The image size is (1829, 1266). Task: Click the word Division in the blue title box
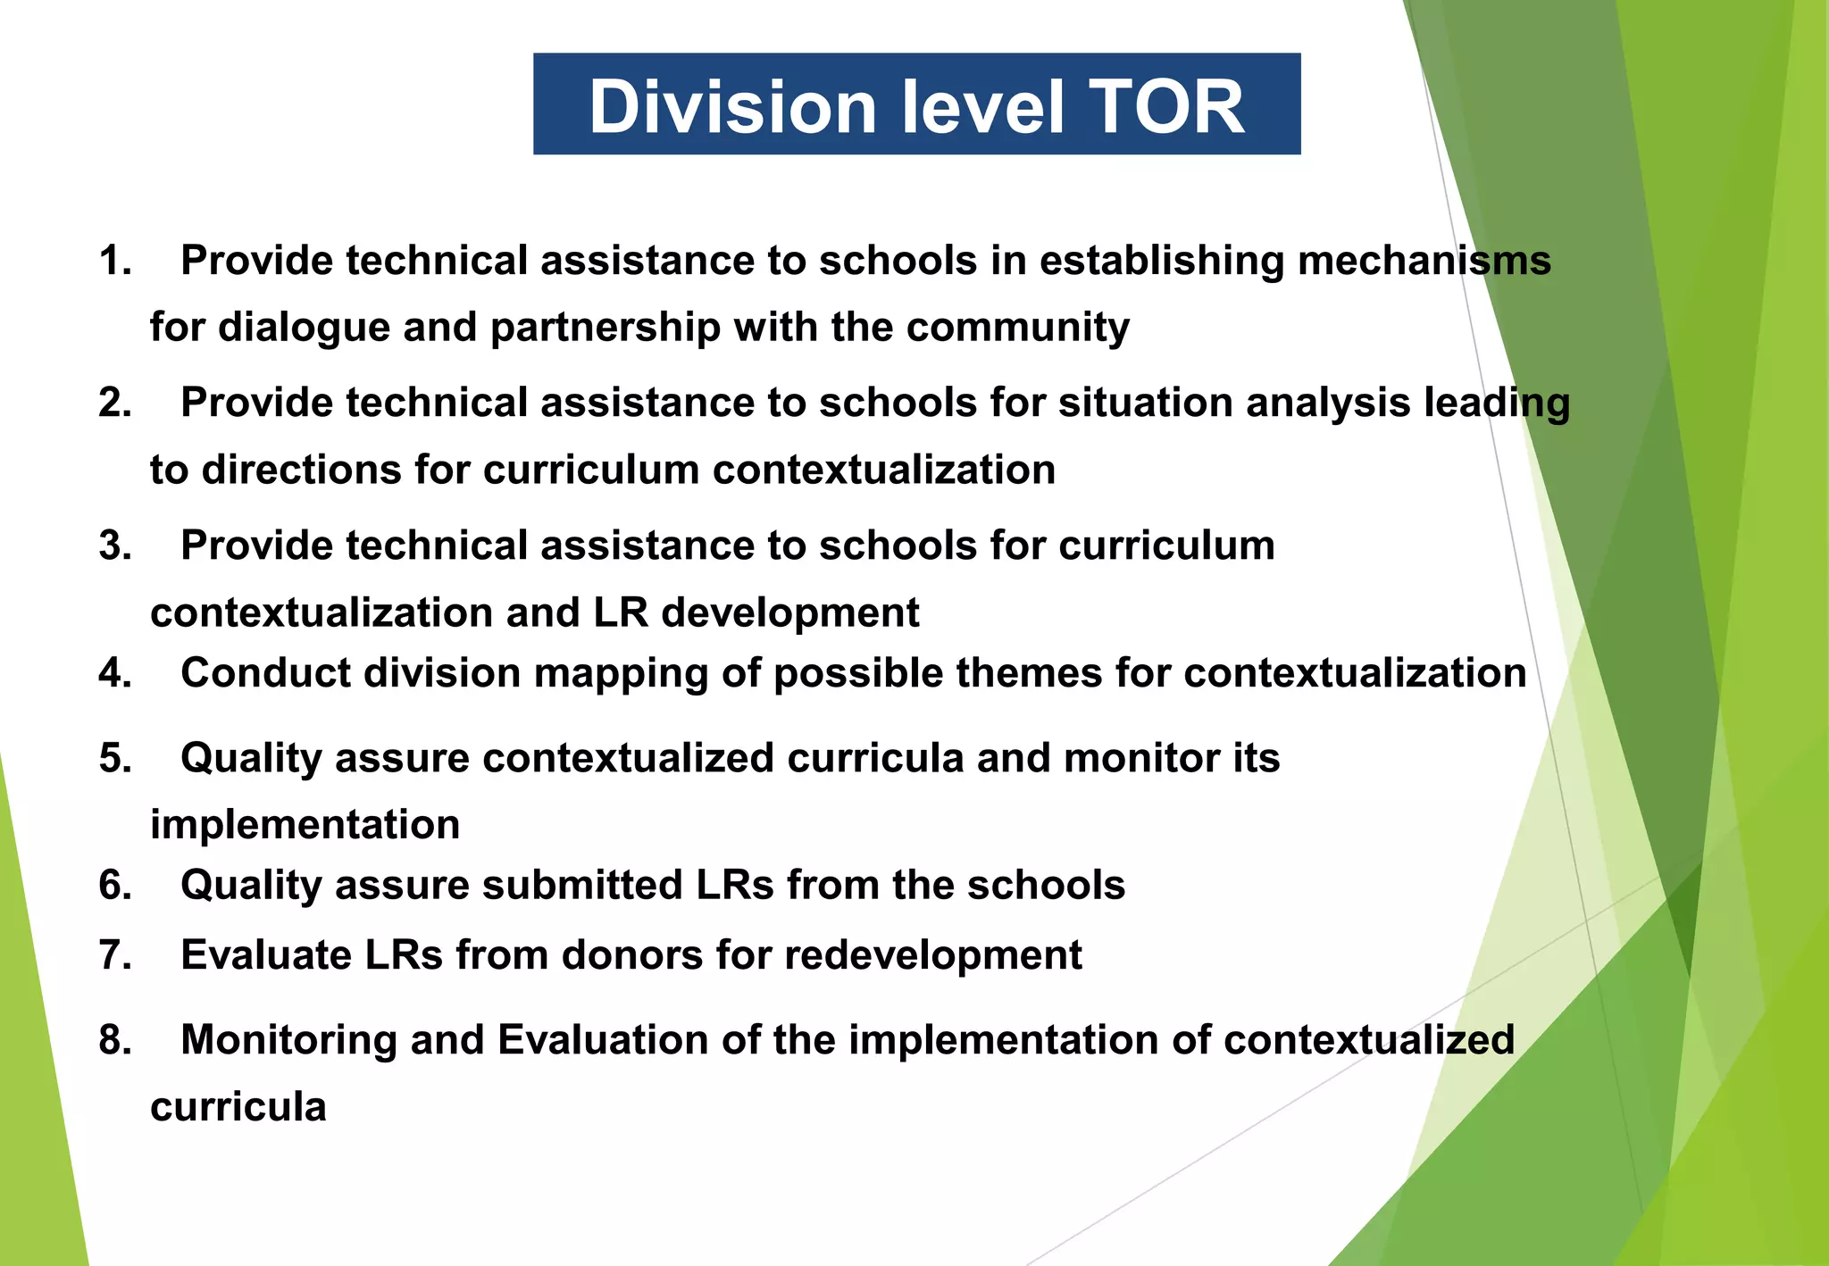(x=732, y=107)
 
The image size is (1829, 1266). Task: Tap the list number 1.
(x=114, y=261)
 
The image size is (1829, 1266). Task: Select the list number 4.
(x=115, y=673)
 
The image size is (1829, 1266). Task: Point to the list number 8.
(x=115, y=1040)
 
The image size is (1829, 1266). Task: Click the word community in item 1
(x=1017, y=327)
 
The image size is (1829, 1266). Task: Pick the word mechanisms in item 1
(x=1424, y=261)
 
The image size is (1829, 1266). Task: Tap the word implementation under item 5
(x=305, y=824)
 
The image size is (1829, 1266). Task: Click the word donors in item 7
(x=620, y=955)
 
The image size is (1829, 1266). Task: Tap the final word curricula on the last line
(x=238, y=1107)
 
